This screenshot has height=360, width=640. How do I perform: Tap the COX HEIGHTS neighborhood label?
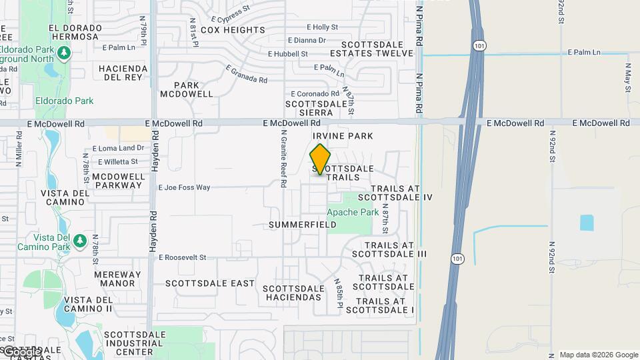pyautogui.click(x=233, y=30)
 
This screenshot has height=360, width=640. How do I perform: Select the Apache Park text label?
pyautogui.click(x=353, y=213)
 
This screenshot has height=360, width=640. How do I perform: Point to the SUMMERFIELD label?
pyautogui.click(x=303, y=225)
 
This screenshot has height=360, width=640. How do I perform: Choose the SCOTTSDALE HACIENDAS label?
pyautogui.click(x=293, y=293)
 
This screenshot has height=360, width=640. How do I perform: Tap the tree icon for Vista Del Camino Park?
pyautogui.click(x=79, y=239)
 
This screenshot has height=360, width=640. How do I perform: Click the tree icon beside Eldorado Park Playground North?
pyautogui.click(x=63, y=52)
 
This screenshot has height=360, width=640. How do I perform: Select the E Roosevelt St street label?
pyautogui.click(x=183, y=257)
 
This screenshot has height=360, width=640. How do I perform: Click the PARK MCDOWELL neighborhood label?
pyautogui.click(x=187, y=89)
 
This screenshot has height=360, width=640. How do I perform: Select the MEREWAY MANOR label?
pyautogui.click(x=118, y=279)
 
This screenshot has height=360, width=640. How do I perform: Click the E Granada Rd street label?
pyautogui.click(x=247, y=74)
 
